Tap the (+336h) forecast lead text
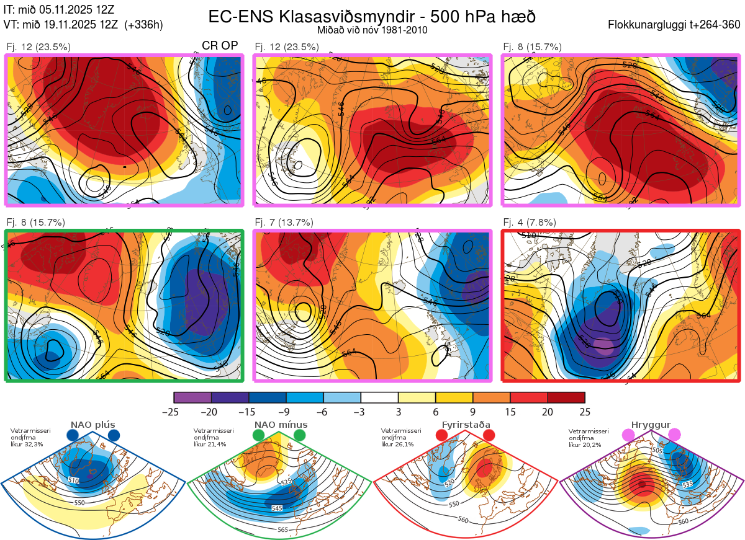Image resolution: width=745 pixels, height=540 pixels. (x=143, y=25)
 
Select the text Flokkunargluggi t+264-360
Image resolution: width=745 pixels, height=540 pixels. (x=675, y=25)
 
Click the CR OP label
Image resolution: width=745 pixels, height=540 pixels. (x=220, y=46)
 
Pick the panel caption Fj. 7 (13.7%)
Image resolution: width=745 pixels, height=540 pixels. (x=284, y=223)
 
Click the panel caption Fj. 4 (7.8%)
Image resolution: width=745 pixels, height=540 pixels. (x=530, y=223)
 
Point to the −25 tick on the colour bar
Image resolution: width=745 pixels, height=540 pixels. (x=173, y=411)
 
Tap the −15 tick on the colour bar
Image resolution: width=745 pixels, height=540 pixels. (x=248, y=411)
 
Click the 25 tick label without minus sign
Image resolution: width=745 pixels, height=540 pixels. (x=585, y=411)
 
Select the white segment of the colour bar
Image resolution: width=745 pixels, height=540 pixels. (x=379, y=397)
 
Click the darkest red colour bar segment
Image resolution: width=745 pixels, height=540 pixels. (x=566, y=397)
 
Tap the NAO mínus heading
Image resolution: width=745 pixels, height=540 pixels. (x=281, y=425)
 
